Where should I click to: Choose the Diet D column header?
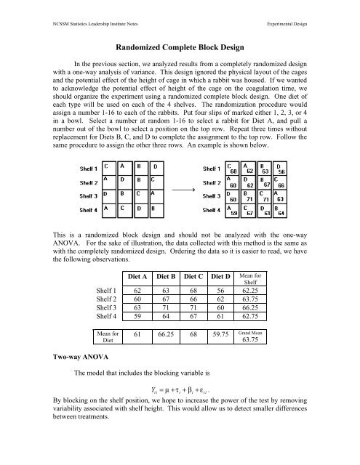tap(253, 277)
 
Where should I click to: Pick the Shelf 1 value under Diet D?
tap(253, 291)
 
